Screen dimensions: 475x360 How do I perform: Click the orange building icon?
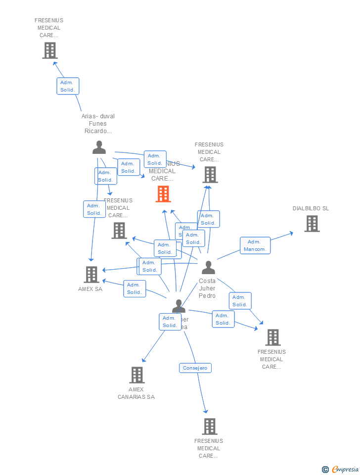(x=163, y=194)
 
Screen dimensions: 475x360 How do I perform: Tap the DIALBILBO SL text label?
(x=311, y=208)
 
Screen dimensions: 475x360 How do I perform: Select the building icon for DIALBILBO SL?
(x=312, y=224)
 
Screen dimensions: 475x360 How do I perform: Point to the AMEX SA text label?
(x=90, y=289)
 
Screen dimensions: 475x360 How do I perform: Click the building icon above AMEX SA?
(x=91, y=274)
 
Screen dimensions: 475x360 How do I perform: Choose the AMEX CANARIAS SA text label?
(x=136, y=393)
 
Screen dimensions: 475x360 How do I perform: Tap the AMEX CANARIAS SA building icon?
(x=137, y=375)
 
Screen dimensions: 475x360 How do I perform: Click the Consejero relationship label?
(x=195, y=368)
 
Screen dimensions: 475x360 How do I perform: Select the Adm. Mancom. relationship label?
(x=255, y=245)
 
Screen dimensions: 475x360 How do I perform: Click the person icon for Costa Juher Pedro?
(x=208, y=268)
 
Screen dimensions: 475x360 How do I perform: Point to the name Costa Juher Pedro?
(x=207, y=288)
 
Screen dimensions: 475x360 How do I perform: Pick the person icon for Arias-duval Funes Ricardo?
(x=99, y=147)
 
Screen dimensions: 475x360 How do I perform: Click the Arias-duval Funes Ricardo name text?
(x=98, y=124)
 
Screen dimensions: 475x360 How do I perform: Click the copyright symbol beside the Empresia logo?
(x=325, y=470)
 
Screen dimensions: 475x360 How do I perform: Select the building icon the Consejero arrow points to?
(x=210, y=426)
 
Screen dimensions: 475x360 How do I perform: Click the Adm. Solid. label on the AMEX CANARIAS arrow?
(x=170, y=322)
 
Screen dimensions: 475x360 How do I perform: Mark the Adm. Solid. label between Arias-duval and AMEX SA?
(x=94, y=209)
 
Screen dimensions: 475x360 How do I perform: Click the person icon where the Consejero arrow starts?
(x=179, y=306)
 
